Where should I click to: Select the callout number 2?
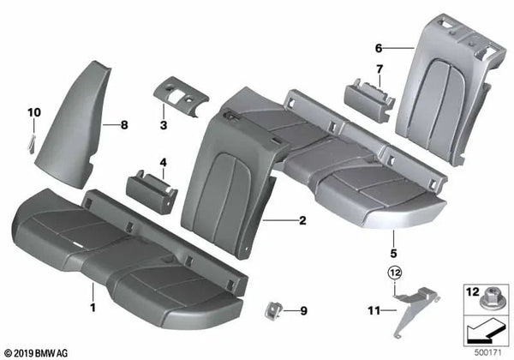pyautogui.click(x=302, y=221)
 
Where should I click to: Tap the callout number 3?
pyautogui.click(x=161, y=125)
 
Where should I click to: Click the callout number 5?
pyautogui.click(x=392, y=254)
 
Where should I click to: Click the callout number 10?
pyautogui.click(x=34, y=113)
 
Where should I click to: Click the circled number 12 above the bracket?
pyautogui.click(x=392, y=273)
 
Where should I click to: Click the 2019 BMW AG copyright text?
pyautogui.click(x=39, y=351)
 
